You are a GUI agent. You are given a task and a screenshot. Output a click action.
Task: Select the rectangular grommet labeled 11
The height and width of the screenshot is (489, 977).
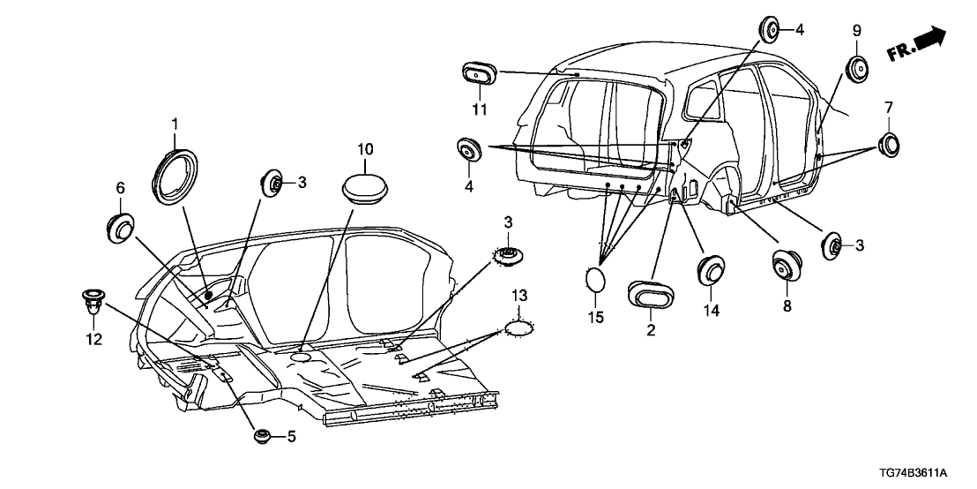pyautogui.click(x=477, y=76)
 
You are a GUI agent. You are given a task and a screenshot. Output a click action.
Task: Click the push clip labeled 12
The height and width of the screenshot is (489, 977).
pyautogui.click(x=91, y=301)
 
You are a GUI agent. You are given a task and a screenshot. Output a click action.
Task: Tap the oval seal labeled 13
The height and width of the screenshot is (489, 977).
pyautogui.click(x=518, y=328)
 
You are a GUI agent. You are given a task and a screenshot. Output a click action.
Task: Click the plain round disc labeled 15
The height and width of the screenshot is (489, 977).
pyautogui.click(x=596, y=280)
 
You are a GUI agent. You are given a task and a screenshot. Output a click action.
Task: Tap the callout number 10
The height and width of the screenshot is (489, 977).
pyautogui.click(x=365, y=148)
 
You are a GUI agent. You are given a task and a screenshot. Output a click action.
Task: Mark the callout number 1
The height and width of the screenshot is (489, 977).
pyautogui.click(x=174, y=123)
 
